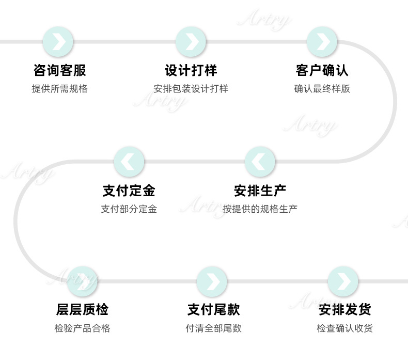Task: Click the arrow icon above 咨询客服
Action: tap(58, 42)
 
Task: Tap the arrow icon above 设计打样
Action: tap(191, 42)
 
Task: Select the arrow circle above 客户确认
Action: tap(322, 42)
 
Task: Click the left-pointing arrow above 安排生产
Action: tap(260, 162)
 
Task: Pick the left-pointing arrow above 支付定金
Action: tap(129, 162)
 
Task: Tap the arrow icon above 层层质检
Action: tap(82, 281)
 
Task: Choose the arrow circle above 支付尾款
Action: tap(212, 281)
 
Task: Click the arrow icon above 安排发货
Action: tap(343, 281)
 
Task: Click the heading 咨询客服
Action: tap(59, 70)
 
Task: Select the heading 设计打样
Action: tap(191, 70)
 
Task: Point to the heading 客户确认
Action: tap(322, 70)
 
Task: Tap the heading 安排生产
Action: tap(260, 191)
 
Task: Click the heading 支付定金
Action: tap(129, 191)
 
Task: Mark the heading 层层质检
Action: tap(82, 310)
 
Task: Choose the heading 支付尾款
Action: tap(213, 310)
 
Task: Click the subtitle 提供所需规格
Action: tap(59, 89)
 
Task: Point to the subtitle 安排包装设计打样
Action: tap(191, 89)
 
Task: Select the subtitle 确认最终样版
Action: tap(322, 89)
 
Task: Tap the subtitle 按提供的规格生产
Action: tap(260, 209)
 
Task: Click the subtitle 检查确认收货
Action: tap(345, 328)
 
